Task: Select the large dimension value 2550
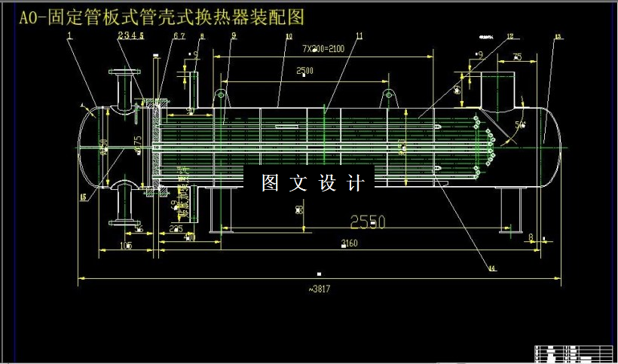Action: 367,222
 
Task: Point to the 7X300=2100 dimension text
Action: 323,47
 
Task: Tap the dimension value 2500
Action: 304,71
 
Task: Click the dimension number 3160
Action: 349,243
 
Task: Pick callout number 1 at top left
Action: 69,35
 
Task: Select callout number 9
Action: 234,35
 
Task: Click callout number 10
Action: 289,35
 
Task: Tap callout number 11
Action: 359,35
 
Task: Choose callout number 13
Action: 558,35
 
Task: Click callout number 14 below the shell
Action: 491,268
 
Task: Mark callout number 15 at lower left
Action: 82,197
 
